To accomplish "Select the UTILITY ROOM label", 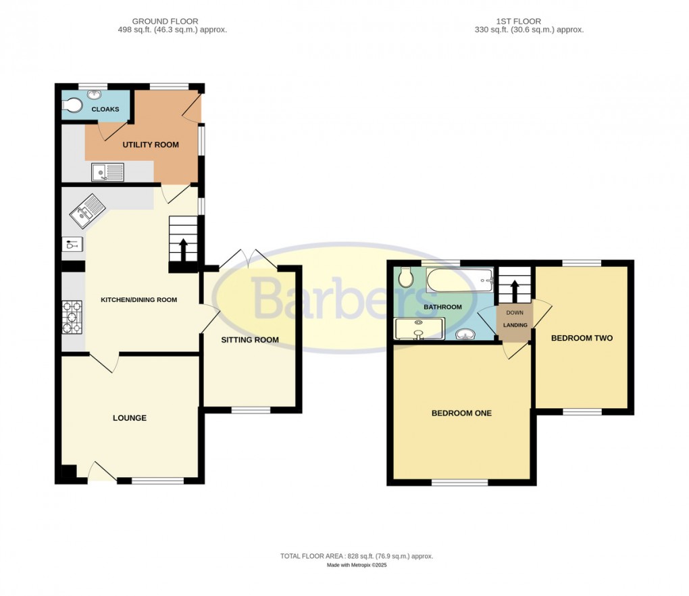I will click(150, 145).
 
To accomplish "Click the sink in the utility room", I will click(108, 172).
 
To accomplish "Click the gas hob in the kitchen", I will click(72, 318).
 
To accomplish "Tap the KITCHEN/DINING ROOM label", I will click(138, 299).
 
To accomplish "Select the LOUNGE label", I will click(130, 418).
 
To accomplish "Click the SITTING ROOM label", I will click(250, 340).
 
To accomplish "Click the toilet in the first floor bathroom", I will click(406, 276).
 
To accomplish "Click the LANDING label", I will click(515, 326).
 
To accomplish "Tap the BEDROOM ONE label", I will click(461, 413).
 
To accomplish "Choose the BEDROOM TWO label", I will click(582, 338).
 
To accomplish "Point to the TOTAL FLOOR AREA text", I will click(356, 556).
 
